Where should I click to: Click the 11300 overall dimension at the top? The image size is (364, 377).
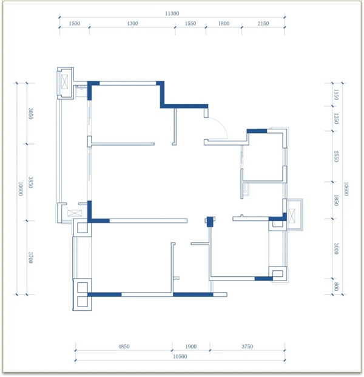point(172,13)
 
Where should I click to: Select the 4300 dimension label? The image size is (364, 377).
point(132,23)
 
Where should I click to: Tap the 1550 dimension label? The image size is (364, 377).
point(190,23)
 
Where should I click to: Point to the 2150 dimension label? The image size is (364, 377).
point(263,23)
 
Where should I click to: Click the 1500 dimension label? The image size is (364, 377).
point(74,23)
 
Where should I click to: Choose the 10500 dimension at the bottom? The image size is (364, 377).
point(180,356)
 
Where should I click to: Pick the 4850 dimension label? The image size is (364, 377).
point(124,347)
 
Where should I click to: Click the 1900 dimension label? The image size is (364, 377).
point(190,347)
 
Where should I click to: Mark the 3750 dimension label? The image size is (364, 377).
point(248,347)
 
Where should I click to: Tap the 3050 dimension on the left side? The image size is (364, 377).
point(30,114)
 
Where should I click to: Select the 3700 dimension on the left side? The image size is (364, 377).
point(30,257)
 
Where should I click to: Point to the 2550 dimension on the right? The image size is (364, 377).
point(336,157)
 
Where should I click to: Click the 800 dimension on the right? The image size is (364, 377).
point(336,287)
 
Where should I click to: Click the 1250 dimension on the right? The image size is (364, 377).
point(336,119)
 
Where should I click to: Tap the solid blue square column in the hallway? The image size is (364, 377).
point(210,222)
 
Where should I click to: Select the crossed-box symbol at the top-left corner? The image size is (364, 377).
point(65,82)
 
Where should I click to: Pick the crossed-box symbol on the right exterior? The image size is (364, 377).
point(291,216)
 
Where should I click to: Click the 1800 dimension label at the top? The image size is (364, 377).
point(224,23)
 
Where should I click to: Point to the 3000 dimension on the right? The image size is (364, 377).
point(336,249)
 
